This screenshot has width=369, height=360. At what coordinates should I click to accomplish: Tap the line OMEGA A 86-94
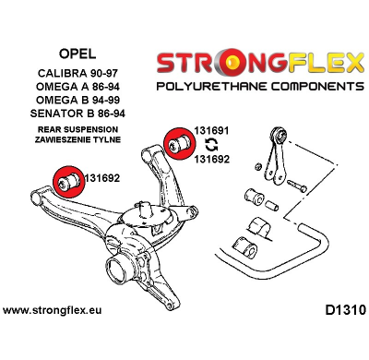75,87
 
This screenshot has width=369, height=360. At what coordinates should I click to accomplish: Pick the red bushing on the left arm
65,179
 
